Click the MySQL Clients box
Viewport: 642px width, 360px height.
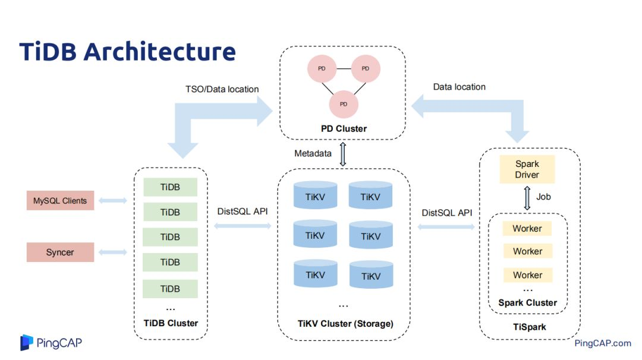pyautogui.click(x=60, y=201)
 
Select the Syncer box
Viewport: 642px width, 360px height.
pyautogui.click(x=60, y=252)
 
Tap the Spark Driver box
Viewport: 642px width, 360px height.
pyautogui.click(x=527, y=169)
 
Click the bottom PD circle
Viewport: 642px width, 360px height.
pyautogui.click(x=344, y=104)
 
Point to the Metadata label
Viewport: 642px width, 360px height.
pyautogui.click(x=313, y=154)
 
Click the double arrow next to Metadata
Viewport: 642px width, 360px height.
pyautogui.click(x=342, y=154)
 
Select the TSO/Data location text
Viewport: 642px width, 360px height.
pyautogui.click(x=222, y=89)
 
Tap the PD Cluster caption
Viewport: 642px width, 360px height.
pyautogui.click(x=343, y=129)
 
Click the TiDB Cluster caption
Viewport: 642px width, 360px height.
pyautogui.click(x=170, y=323)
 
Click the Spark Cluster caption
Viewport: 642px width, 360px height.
pyautogui.click(x=527, y=303)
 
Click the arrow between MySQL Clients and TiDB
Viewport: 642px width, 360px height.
pyautogui.click(x=112, y=201)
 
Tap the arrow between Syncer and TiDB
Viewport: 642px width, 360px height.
pyautogui.click(x=112, y=252)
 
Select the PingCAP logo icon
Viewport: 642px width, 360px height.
pyautogui.click(x=26, y=342)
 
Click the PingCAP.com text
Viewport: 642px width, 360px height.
pyautogui.click(x=602, y=343)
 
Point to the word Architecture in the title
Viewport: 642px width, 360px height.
pyautogui.click(x=159, y=52)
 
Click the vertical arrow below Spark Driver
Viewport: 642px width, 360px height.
pyautogui.click(x=527, y=198)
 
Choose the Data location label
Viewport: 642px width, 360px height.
pyautogui.click(x=459, y=87)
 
